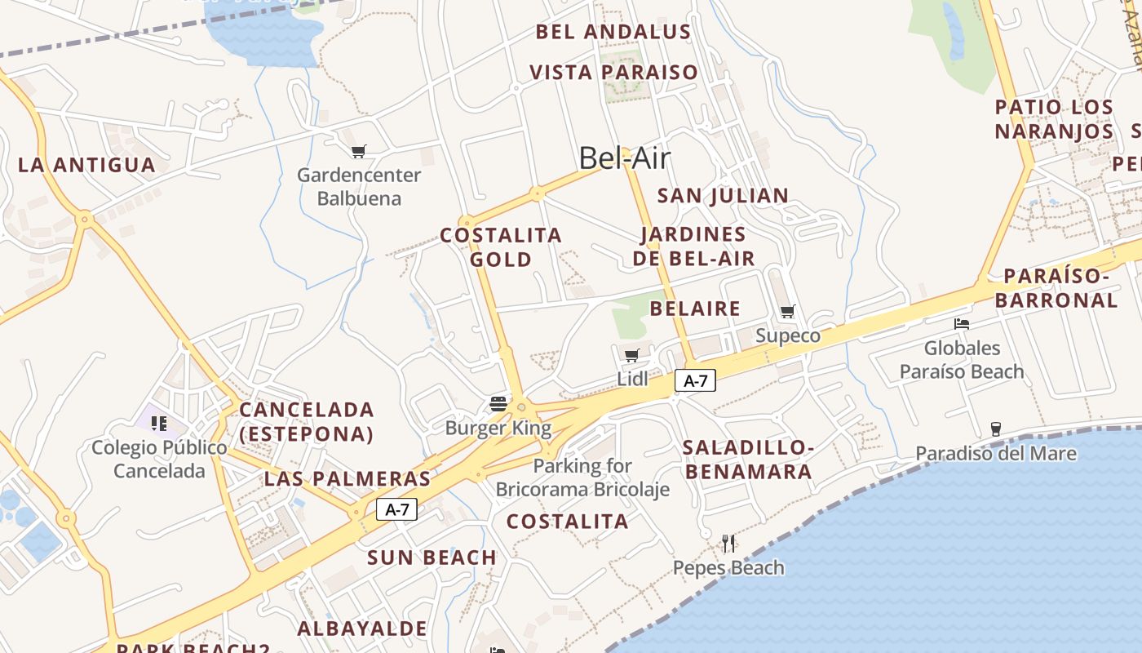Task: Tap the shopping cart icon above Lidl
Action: click(x=631, y=355)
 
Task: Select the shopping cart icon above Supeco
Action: click(x=788, y=311)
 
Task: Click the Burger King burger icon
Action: click(x=498, y=403)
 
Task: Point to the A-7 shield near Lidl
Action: click(x=695, y=380)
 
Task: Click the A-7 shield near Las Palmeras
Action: click(x=397, y=510)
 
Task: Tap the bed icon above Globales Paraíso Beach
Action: click(x=962, y=324)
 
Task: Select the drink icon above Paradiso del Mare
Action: click(x=995, y=429)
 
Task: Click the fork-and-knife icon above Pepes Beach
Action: click(x=728, y=543)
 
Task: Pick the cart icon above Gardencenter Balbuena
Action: click(x=358, y=151)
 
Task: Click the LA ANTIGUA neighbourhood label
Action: click(x=86, y=165)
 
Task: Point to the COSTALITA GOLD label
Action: click(x=501, y=247)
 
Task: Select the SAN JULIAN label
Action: click(x=723, y=196)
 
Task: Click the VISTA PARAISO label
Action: click(x=614, y=73)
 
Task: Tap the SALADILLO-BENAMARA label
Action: click(x=748, y=460)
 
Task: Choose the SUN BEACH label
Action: click(x=432, y=558)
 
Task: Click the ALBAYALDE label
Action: click(x=362, y=629)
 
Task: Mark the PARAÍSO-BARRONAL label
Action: click(x=1056, y=288)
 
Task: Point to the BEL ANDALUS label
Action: click(x=613, y=33)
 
